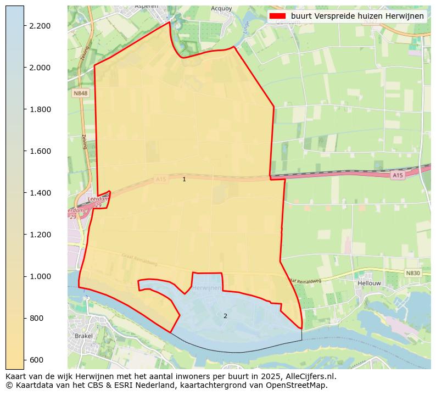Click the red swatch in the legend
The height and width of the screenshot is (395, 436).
[278, 16]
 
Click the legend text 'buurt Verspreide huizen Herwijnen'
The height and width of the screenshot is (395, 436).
[357, 16]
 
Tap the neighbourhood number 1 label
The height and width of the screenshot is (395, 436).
[184, 179]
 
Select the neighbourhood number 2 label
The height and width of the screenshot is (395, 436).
[225, 316]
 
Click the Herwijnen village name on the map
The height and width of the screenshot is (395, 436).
[207, 288]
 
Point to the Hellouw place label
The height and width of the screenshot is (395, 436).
[369, 283]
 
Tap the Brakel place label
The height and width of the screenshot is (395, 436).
[85, 336]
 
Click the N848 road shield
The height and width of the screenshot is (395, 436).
[80, 94]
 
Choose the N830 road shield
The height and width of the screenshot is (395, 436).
[413, 273]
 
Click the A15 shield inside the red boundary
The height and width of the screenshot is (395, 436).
[160, 180]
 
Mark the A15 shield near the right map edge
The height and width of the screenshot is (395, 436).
[398, 175]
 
